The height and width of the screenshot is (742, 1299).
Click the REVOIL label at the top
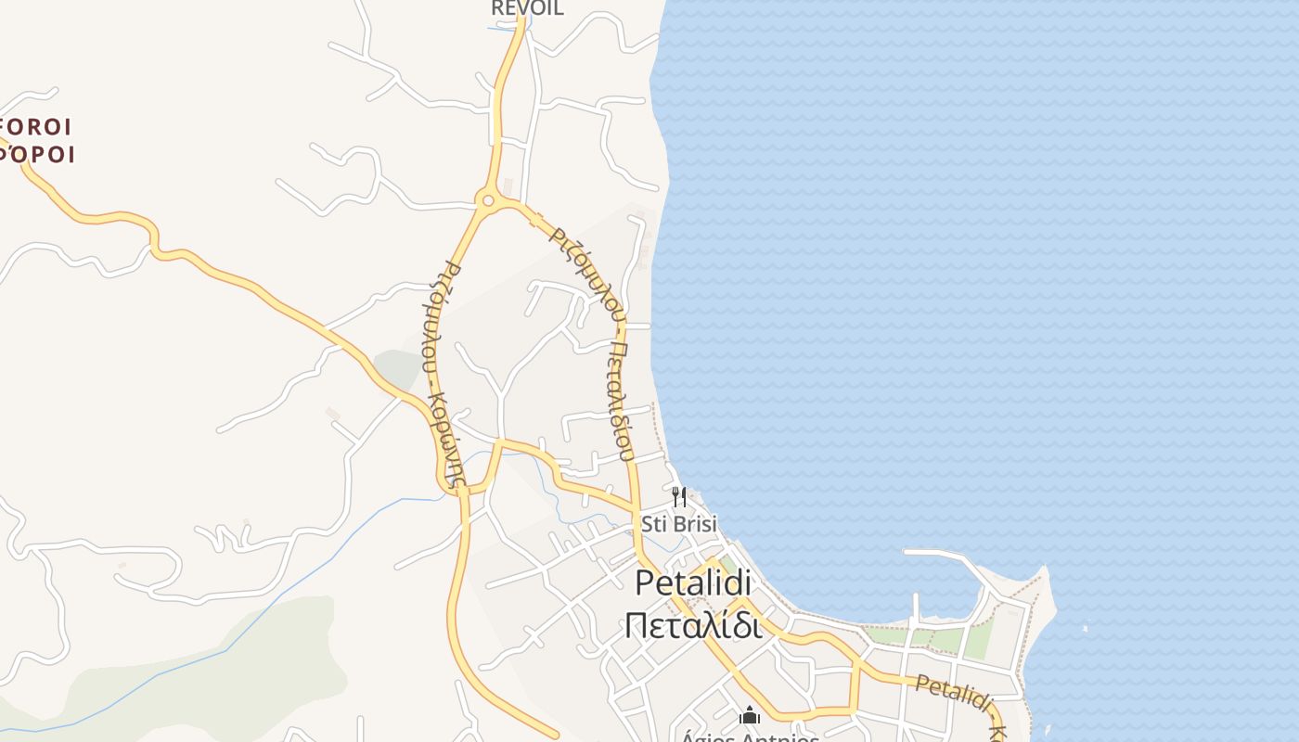tap(526, 8)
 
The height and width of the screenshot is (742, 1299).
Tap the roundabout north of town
tap(488, 199)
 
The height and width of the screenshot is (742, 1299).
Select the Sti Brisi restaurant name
tap(679, 524)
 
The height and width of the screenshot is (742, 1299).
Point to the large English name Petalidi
tap(694, 583)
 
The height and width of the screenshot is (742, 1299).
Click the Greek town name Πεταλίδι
tap(694, 625)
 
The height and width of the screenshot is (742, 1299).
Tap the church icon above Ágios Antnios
tap(750, 715)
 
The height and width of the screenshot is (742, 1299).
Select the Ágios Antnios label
tap(750, 736)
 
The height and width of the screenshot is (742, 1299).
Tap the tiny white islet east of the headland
tap(1085, 629)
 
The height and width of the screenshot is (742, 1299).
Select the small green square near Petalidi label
tap(727, 565)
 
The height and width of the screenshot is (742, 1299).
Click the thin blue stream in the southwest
tap(278, 594)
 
